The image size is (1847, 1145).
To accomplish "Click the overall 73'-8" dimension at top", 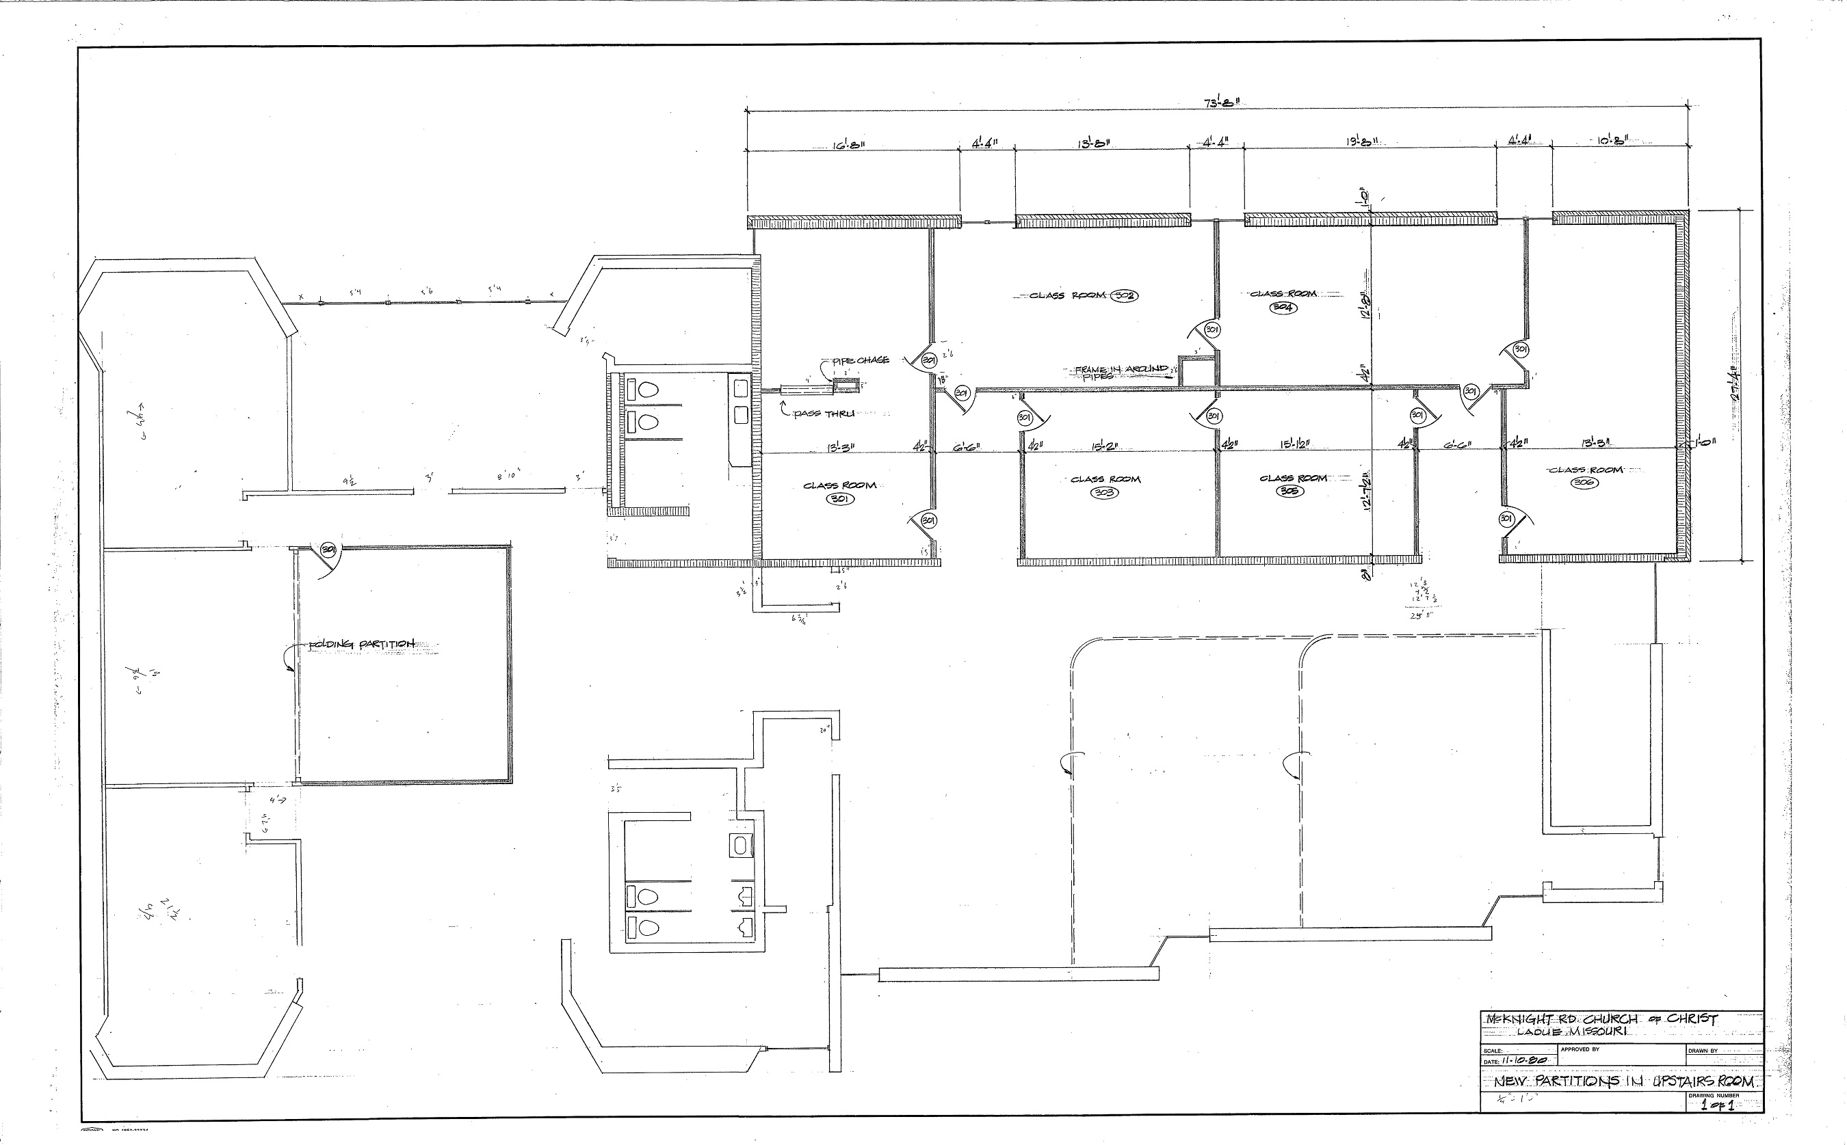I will click(1221, 103).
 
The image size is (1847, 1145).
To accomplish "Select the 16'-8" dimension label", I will click(848, 144).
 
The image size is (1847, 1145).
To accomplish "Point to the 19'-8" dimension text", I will click(1361, 142).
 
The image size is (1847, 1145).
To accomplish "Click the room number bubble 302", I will click(1125, 295).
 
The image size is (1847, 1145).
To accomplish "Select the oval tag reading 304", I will click(1283, 308).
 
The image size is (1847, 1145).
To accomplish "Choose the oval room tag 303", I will click(1104, 493).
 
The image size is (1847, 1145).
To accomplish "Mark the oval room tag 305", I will click(1290, 491).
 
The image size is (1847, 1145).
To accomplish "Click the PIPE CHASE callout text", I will click(861, 360).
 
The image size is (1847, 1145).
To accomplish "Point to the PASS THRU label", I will click(824, 414).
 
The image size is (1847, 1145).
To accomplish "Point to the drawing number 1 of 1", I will click(1717, 1105).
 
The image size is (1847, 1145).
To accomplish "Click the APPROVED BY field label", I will click(1580, 1049).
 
